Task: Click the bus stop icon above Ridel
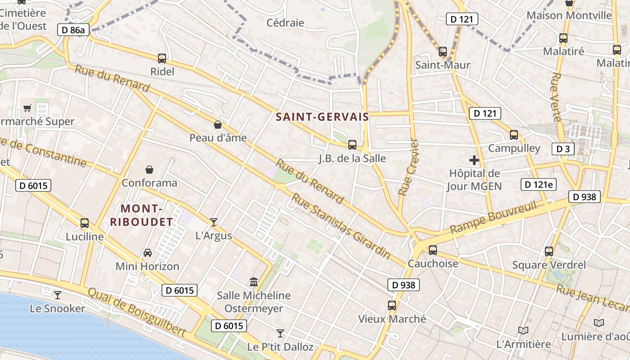click(162, 58)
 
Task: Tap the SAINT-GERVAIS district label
click(322, 117)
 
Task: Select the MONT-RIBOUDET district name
click(142, 215)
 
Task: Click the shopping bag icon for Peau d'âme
click(218, 125)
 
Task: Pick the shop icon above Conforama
click(149, 170)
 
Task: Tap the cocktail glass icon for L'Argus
click(214, 222)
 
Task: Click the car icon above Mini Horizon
click(148, 253)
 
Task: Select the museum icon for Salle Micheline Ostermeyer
click(254, 282)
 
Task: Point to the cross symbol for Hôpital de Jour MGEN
click(474, 160)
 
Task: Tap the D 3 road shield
click(563, 149)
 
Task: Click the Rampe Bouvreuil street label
click(494, 217)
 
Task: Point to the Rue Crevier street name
click(409, 167)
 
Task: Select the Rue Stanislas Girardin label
click(341, 225)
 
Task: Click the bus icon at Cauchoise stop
click(433, 250)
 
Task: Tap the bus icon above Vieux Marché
click(392, 306)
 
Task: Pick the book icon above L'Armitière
click(523, 331)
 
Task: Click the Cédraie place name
click(285, 22)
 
